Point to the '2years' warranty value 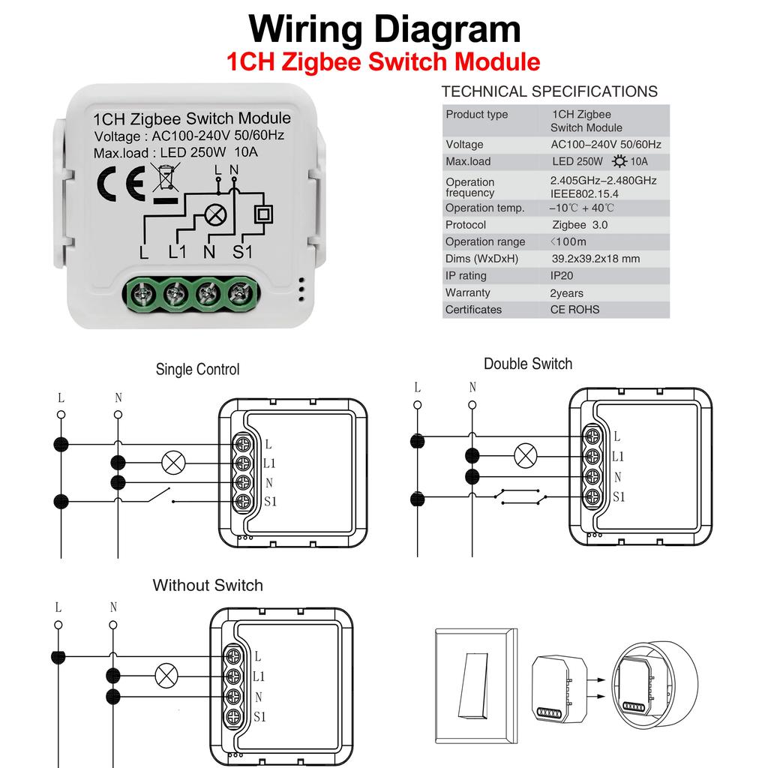[566, 293]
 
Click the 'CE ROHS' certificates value [574, 310]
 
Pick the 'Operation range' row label [484, 242]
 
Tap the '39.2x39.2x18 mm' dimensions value [595, 259]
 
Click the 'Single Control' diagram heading [197, 369]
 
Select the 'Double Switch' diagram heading [527, 364]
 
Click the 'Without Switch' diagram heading [208, 585]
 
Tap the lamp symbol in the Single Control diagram [174, 462]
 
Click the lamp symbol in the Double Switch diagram [525, 454]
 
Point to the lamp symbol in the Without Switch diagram [166, 676]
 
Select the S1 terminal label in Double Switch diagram [619, 496]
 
